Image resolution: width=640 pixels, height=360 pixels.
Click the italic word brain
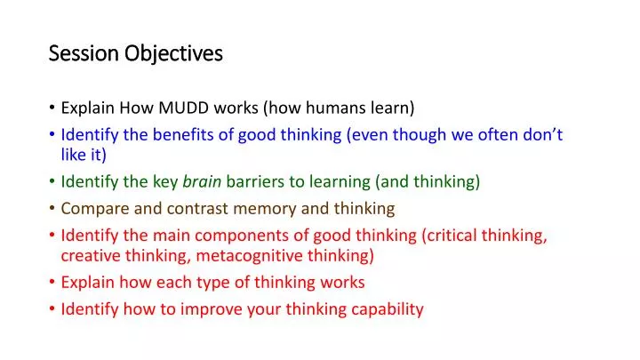(x=203, y=182)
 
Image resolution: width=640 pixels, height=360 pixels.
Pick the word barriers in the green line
(x=254, y=182)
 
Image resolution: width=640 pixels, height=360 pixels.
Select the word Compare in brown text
(x=92, y=209)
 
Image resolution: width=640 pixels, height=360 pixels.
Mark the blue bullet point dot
(x=52, y=136)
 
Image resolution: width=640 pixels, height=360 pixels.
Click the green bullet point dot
(x=52, y=182)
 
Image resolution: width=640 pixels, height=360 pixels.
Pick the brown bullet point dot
(x=52, y=209)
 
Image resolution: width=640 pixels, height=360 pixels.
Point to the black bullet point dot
(x=52, y=109)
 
